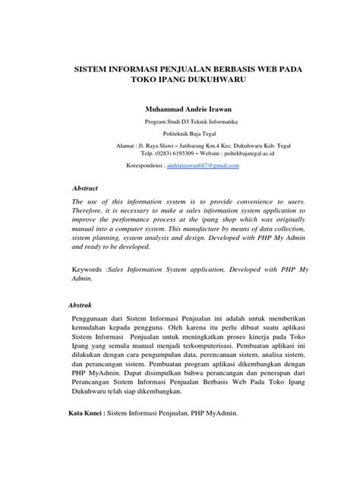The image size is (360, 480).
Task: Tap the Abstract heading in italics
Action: (85, 186)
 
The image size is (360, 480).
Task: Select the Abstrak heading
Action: (81, 305)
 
